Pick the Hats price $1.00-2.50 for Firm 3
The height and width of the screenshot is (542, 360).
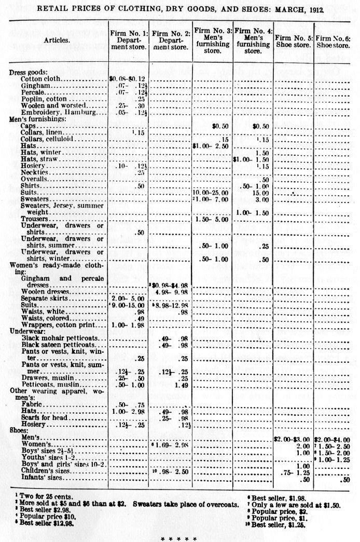(x=211, y=146)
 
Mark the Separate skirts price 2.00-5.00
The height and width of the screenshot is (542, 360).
(x=127, y=299)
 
